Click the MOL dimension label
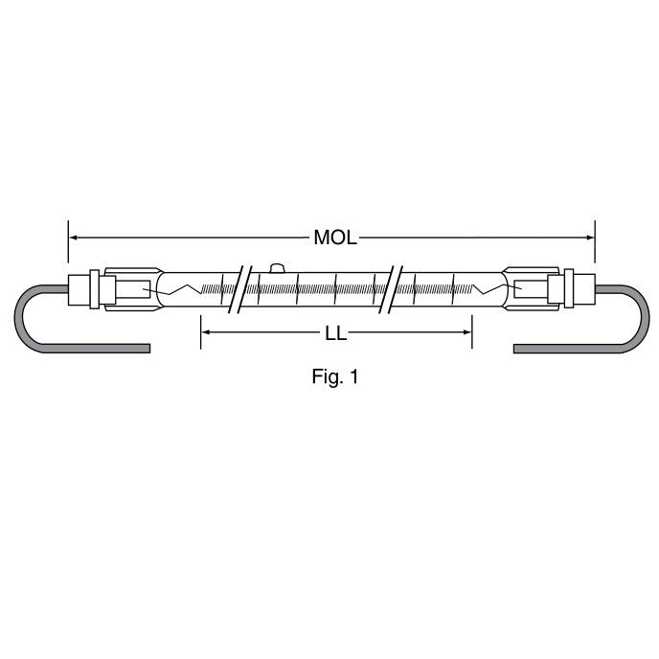tap(335, 238)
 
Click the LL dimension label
tap(336, 333)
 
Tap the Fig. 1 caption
tap(335, 376)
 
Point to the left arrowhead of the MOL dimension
tap(73, 238)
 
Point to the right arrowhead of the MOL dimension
tap(590, 238)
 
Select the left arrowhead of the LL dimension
tap(206, 332)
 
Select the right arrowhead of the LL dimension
tap(466, 332)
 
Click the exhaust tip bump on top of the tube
tap(277, 268)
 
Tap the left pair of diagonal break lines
tap(239, 289)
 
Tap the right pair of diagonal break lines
tap(391, 289)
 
